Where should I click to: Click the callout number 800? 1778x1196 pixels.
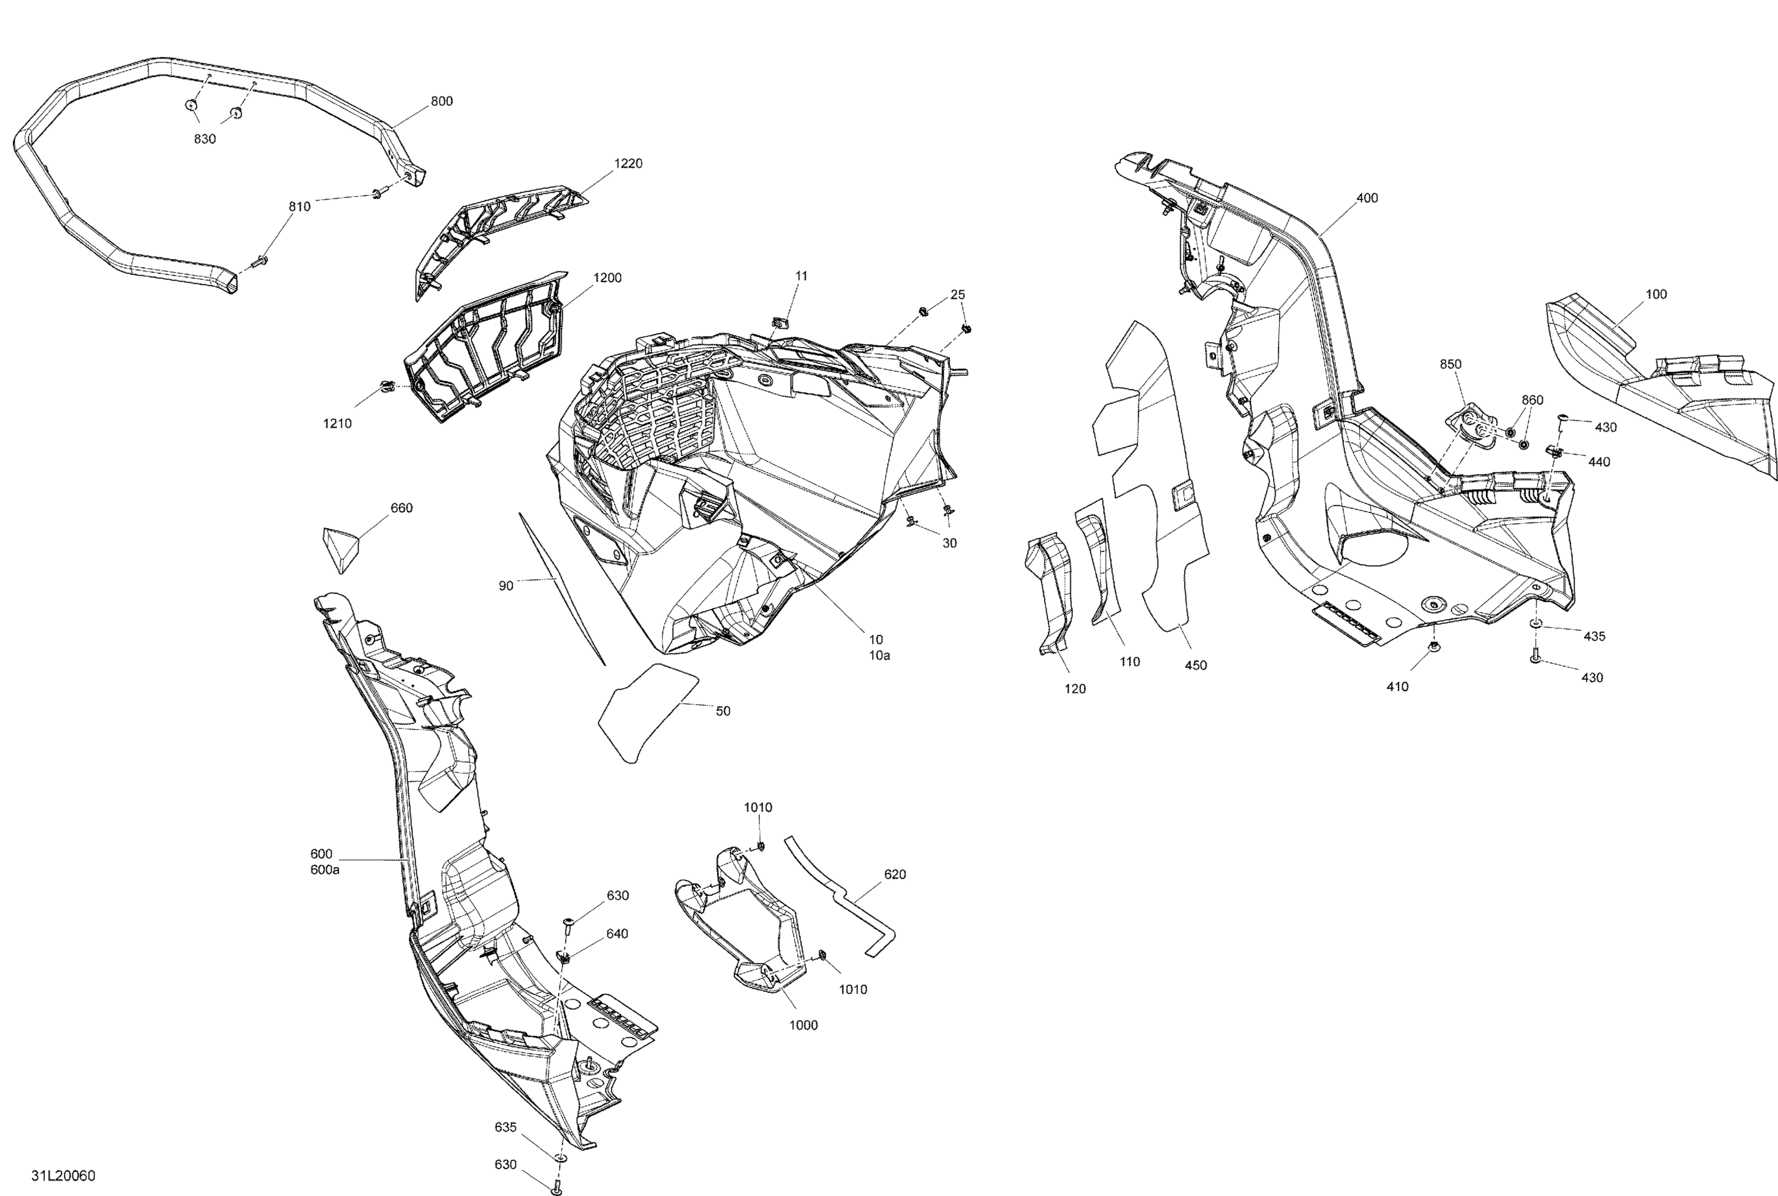[442, 101]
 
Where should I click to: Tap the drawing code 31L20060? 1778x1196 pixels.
[63, 1175]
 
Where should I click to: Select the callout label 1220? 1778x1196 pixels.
[628, 163]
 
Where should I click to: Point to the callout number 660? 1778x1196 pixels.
[401, 508]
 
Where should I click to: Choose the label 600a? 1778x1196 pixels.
[325, 869]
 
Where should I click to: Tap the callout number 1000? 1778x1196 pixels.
[803, 1025]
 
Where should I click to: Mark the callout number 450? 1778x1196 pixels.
[1195, 665]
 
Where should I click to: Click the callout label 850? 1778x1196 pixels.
[1450, 365]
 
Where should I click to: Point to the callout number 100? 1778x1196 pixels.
[1656, 295]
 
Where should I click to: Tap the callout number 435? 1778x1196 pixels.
[1594, 636]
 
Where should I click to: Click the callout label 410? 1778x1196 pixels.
[1397, 687]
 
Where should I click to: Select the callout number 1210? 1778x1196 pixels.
[337, 423]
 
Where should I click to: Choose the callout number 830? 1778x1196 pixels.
[204, 139]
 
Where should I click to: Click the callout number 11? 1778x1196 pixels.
[801, 276]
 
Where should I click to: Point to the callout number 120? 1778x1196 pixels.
[1075, 689]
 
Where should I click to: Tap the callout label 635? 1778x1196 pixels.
[506, 1127]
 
